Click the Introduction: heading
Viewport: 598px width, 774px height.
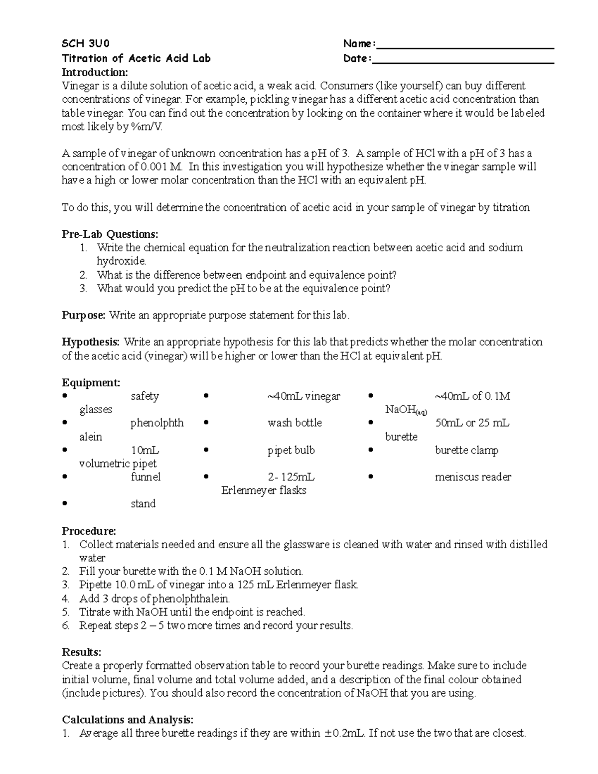point(95,72)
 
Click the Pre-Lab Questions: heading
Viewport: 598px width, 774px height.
point(110,234)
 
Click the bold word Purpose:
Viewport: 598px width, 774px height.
point(83,315)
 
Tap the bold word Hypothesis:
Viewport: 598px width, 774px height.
point(91,342)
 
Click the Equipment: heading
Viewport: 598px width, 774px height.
point(91,383)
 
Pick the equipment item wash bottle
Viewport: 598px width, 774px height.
point(295,423)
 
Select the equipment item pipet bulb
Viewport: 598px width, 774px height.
point(291,451)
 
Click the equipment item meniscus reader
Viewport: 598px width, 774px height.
point(473,477)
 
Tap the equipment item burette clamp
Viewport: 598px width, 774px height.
point(466,451)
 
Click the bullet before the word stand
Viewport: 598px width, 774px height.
point(65,504)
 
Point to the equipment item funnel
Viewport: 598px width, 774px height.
point(146,477)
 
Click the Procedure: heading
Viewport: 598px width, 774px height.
point(89,531)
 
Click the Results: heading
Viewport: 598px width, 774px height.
point(81,652)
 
